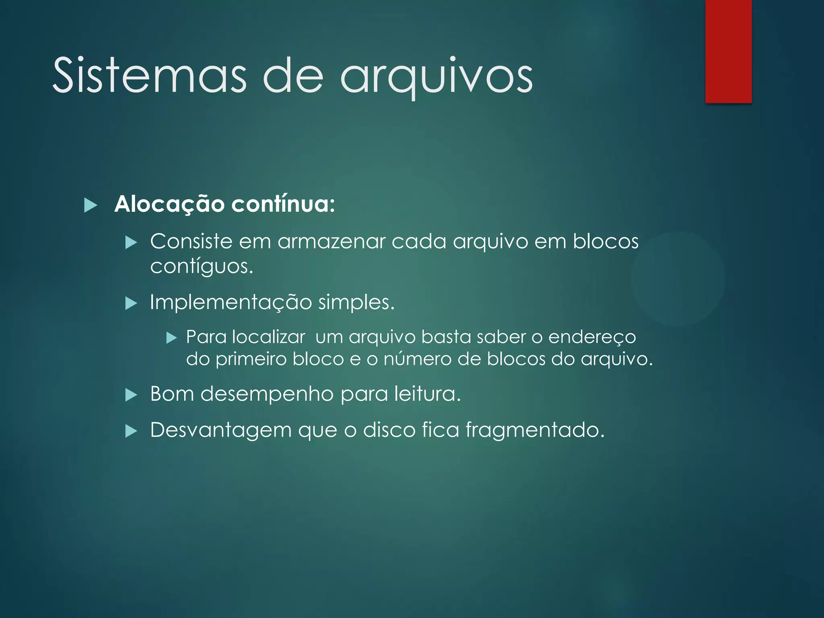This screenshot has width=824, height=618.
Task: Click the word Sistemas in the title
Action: [x=149, y=76]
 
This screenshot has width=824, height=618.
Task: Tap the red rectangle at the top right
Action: [x=728, y=51]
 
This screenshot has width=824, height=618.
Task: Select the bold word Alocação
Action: [x=169, y=204]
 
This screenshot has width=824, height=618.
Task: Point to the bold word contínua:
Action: [x=283, y=204]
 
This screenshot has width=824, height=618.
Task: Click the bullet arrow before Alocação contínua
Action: [x=91, y=205]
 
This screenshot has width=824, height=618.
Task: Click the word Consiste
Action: [x=191, y=241]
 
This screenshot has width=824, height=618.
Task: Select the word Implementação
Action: [x=231, y=303]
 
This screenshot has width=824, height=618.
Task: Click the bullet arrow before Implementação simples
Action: [x=131, y=303]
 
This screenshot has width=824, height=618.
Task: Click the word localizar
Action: [x=269, y=337]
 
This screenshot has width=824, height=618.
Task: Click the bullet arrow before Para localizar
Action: [x=172, y=338]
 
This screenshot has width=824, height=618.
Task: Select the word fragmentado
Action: [x=535, y=431]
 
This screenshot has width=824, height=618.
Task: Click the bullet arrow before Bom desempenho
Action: [x=131, y=395]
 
